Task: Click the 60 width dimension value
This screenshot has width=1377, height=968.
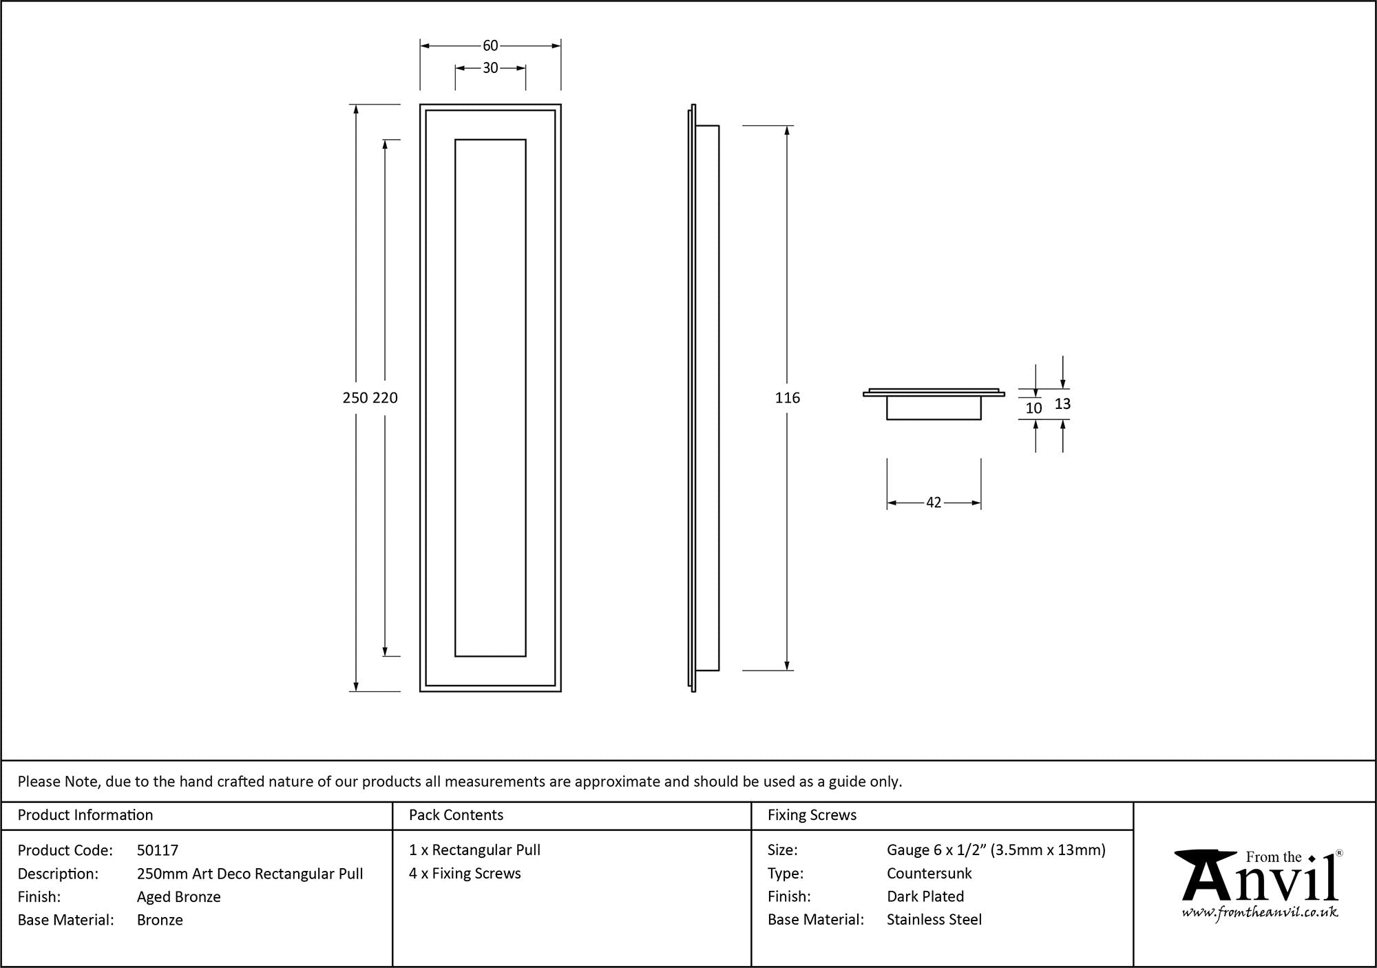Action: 490,45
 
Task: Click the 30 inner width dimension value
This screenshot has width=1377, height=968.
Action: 490,68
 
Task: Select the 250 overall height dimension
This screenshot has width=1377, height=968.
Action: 355,398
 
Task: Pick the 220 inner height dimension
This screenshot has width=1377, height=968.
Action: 385,398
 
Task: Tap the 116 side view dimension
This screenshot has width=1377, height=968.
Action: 787,398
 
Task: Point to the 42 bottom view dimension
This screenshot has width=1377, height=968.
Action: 933,503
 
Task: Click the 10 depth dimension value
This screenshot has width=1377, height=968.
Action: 1033,408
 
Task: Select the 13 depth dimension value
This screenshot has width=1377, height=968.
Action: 1062,404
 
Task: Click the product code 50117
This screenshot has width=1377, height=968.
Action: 157,850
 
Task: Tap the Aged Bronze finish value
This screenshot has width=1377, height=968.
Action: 178,896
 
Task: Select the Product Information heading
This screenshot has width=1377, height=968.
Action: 85,815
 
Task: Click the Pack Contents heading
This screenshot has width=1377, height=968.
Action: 456,815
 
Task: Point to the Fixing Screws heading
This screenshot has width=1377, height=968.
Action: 812,815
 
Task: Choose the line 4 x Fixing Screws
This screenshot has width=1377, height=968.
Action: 465,873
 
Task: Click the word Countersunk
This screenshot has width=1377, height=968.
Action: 929,873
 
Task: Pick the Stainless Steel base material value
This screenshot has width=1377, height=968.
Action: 934,919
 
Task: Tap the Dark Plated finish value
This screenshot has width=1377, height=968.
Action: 925,896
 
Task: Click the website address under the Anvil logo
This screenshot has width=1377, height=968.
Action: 1260,912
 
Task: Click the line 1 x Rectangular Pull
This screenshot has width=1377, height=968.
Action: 474,850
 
